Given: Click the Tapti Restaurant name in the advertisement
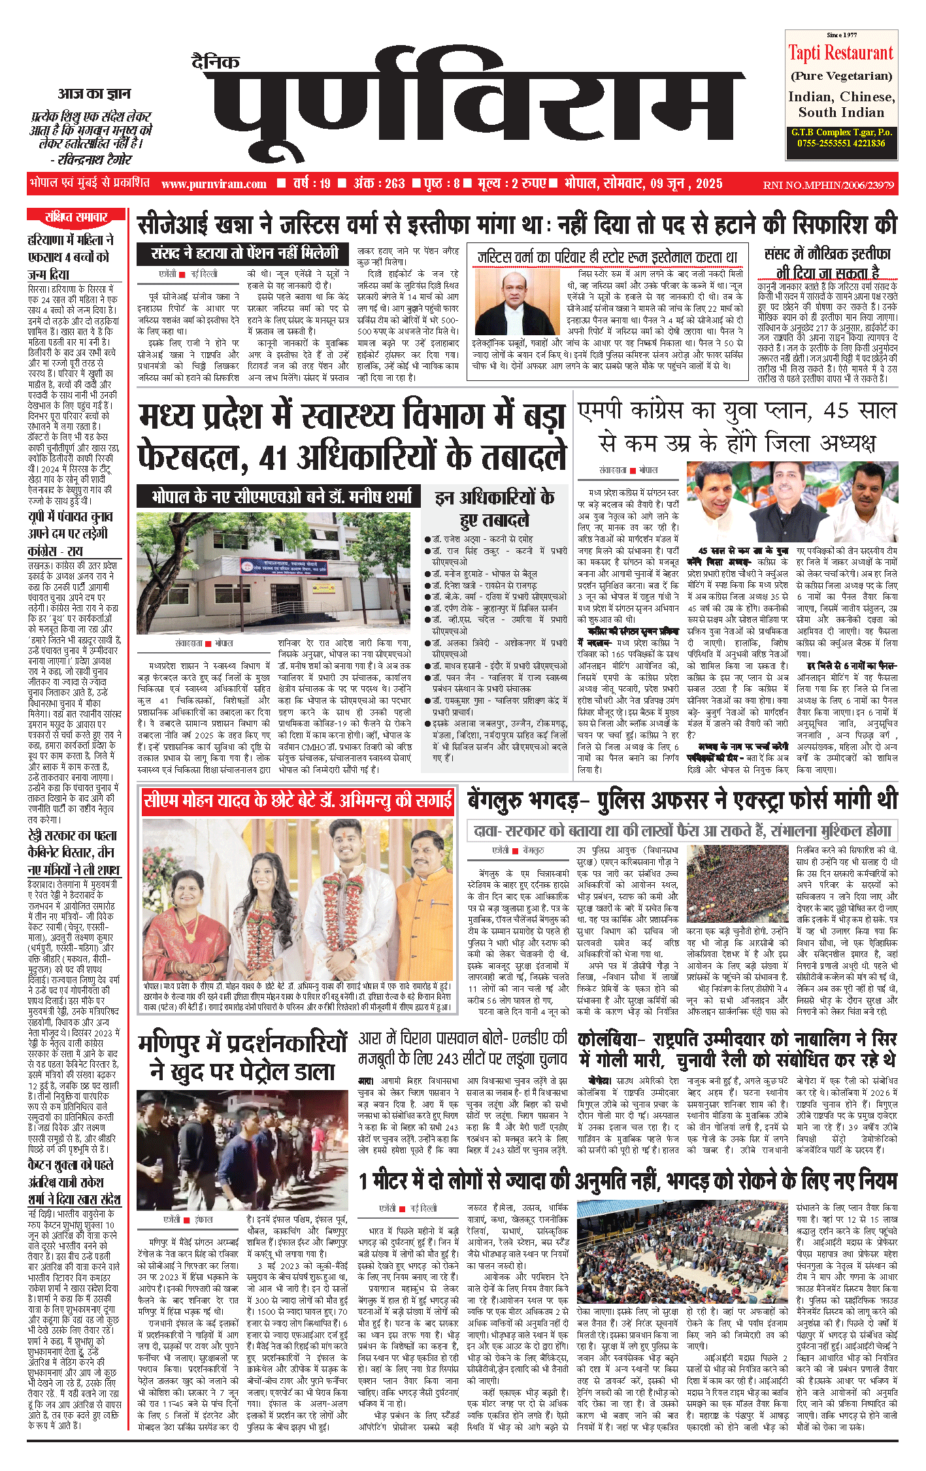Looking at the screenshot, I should coord(840,52).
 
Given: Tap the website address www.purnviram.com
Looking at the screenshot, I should coord(214,184).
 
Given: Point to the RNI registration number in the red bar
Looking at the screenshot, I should coord(828,185).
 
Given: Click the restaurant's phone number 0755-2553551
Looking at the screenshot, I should coord(816,143).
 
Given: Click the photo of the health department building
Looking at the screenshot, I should coord(273,573).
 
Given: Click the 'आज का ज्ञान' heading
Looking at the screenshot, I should coord(94,94).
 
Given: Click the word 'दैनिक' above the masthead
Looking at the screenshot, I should coord(216,62).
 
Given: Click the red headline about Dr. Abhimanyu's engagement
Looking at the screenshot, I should coord(298,801).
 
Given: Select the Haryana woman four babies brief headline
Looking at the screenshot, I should coord(71,257).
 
